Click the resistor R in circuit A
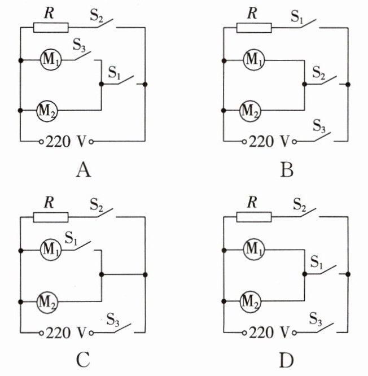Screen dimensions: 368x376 [51, 28]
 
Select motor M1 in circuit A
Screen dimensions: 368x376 [51, 59]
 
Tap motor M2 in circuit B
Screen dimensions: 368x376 [250, 111]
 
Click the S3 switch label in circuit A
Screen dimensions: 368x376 [79, 45]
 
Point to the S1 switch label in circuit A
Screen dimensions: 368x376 [114, 73]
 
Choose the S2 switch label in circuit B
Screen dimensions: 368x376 [319, 72]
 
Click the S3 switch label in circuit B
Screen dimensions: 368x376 [319, 126]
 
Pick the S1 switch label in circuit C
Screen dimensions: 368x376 [71, 238]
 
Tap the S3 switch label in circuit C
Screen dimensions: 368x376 [113, 319]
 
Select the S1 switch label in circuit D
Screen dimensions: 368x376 [317, 261]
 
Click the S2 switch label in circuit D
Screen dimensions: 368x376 [300, 206]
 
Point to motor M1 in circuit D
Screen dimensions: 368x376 [254, 249]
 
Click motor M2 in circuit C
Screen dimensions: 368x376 [47, 302]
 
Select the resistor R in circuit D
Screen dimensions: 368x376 [254, 217]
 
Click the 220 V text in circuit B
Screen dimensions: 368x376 [269, 142]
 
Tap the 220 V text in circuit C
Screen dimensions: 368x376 [65, 333]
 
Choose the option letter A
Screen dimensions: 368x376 [84, 170]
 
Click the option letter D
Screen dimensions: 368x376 [287, 360]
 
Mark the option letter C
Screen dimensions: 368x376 [83, 360]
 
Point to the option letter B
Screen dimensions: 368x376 [287, 170]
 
